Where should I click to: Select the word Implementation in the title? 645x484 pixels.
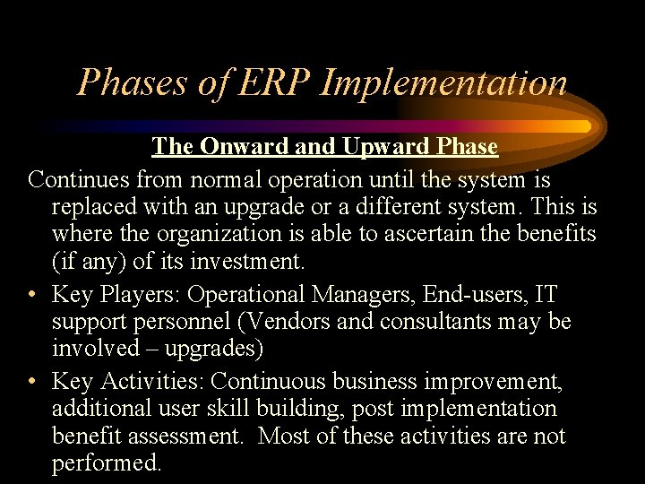pos(443,82)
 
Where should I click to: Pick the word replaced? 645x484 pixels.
pos(92,208)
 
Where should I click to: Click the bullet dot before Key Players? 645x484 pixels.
pos(33,294)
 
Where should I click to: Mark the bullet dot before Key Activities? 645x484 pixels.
pos(33,382)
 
